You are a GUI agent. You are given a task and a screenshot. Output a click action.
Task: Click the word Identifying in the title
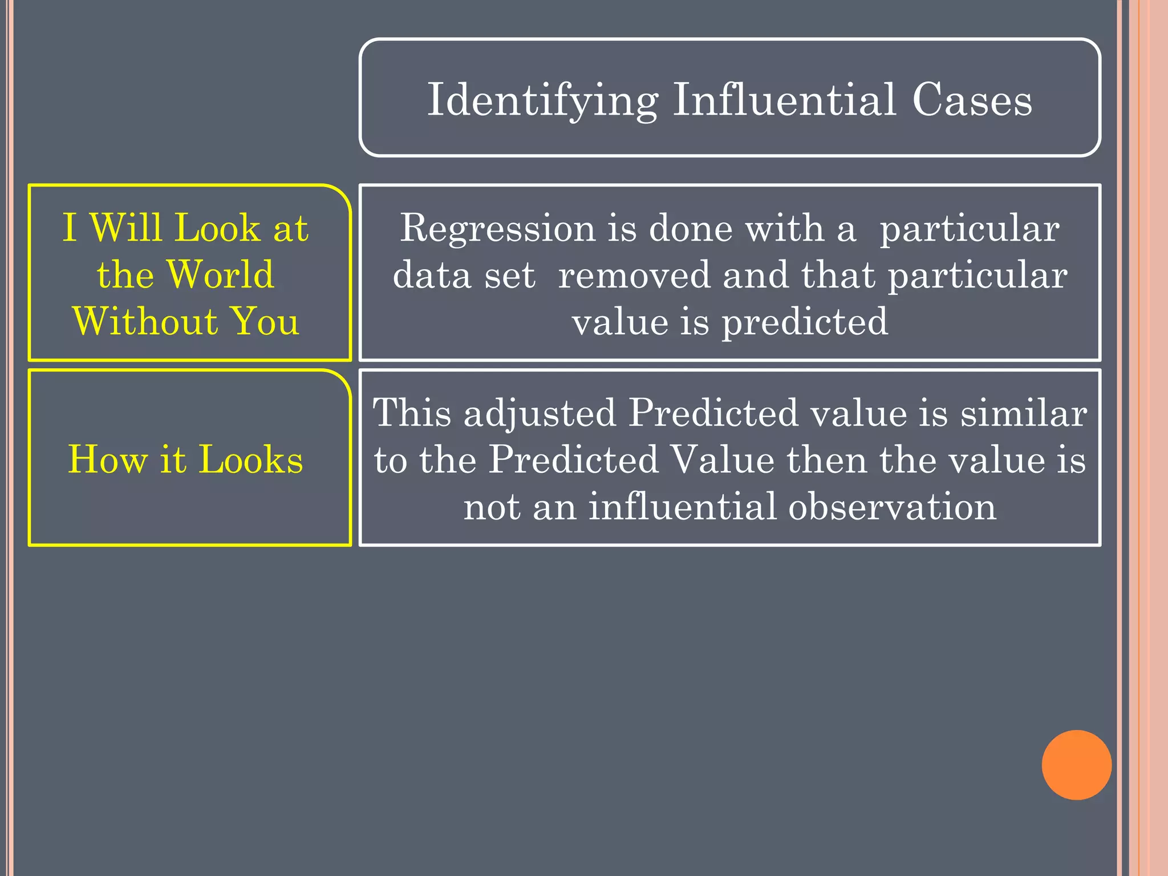point(542,100)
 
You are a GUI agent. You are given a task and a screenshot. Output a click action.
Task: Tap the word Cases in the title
point(972,100)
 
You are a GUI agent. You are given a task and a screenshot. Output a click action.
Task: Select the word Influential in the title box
point(784,100)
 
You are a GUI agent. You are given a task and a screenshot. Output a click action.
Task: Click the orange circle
point(1076,765)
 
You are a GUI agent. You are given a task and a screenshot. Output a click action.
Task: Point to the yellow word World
point(221,274)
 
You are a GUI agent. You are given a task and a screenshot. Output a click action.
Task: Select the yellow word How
point(108,459)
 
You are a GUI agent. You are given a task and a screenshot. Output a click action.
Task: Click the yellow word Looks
point(251,459)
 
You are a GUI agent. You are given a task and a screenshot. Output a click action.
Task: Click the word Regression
point(497,228)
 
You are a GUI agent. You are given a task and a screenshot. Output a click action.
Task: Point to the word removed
point(634,275)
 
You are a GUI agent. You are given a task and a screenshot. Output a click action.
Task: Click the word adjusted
point(540,413)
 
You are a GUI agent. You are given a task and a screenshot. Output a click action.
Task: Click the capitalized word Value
point(721,460)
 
